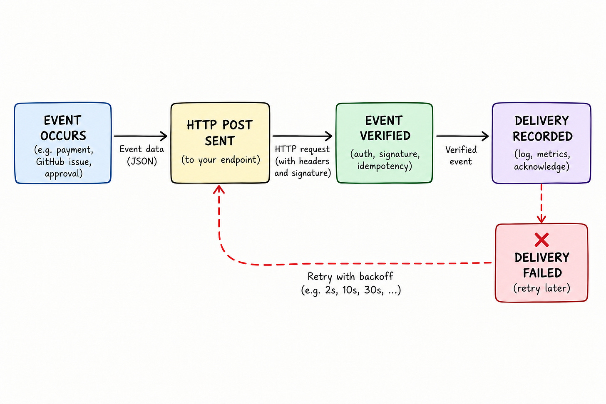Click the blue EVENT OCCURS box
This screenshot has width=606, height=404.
pyautogui.click(x=63, y=143)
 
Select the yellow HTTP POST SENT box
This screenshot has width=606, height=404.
pyautogui.click(x=220, y=143)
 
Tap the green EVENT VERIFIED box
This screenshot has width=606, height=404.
pyautogui.click(x=385, y=143)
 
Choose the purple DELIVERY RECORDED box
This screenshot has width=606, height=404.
pyautogui.click(x=541, y=143)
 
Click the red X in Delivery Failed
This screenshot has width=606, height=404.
pyautogui.click(x=541, y=240)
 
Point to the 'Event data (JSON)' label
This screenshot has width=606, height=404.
pyautogui.click(x=142, y=155)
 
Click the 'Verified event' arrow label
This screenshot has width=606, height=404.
pyautogui.click(x=461, y=156)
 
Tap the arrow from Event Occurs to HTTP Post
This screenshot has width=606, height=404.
pyautogui.click(x=140, y=136)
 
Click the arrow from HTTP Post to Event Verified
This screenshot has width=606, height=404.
pyautogui.click(x=303, y=136)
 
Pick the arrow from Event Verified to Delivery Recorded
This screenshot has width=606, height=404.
pyautogui.click(x=463, y=136)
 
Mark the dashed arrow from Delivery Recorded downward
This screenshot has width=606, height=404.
pyautogui.click(x=541, y=203)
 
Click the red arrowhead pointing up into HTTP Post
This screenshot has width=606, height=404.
pyautogui.click(x=219, y=189)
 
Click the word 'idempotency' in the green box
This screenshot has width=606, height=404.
pyautogui.click(x=385, y=166)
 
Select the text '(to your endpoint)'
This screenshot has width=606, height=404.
pyautogui.click(x=221, y=160)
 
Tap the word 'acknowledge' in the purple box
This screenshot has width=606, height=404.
pyautogui.click(x=541, y=166)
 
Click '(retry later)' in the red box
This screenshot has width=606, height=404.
pyautogui.click(x=541, y=288)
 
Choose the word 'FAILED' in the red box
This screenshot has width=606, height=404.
pyautogui.click(x=542, y=273)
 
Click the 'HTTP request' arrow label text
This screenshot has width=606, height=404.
pyautogui.click(x=302, y=149)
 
